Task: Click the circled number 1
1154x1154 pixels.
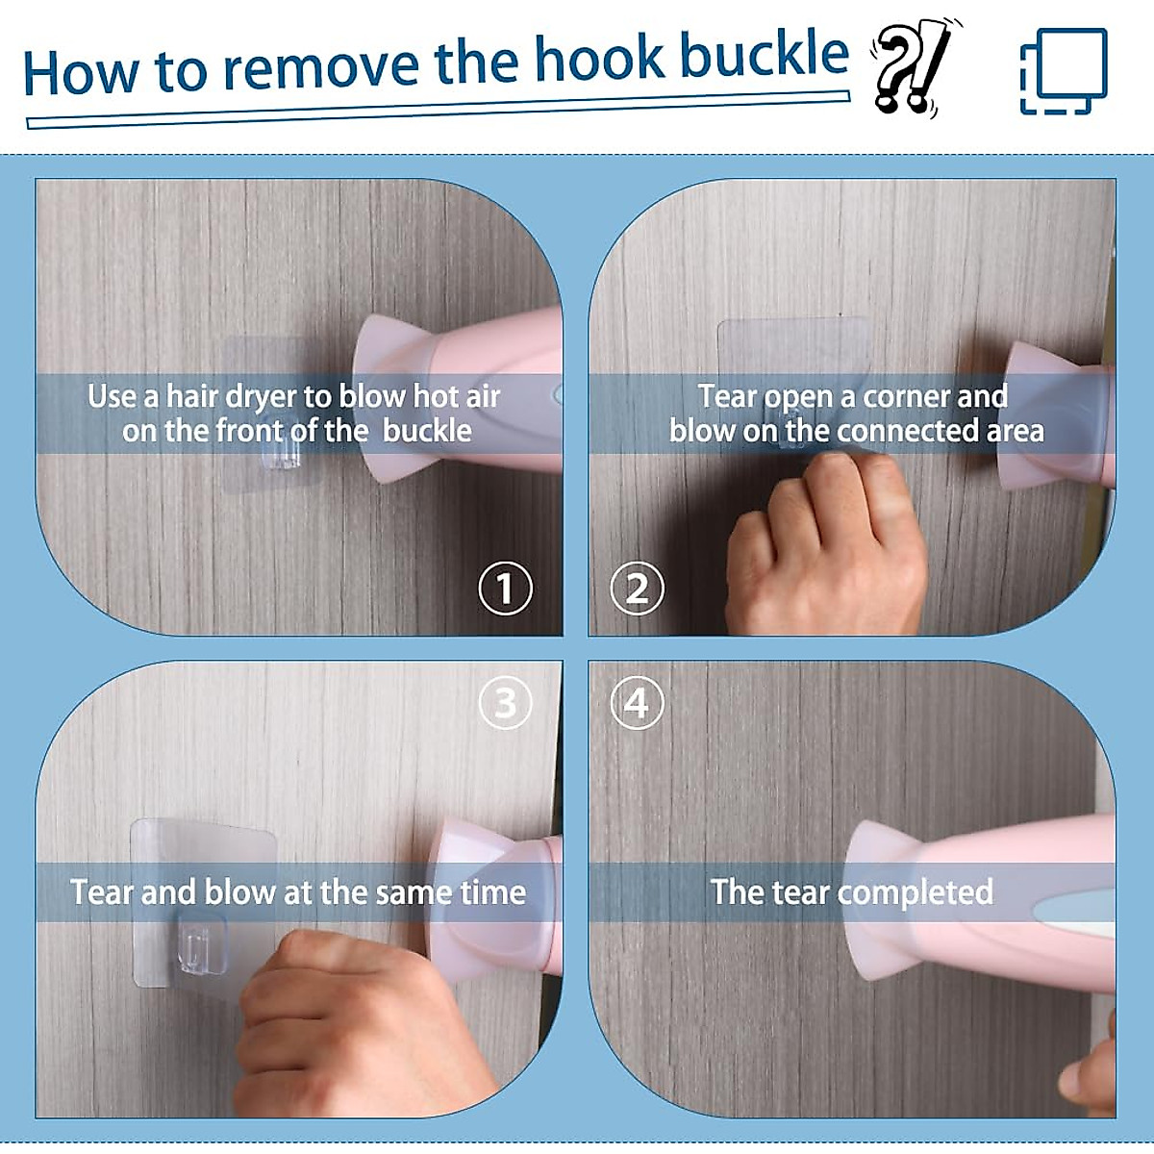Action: (x=506, y=588)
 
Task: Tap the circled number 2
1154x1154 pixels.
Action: (x=637, y=588)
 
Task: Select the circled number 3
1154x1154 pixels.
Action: (x=506, y=702)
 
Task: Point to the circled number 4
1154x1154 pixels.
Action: (x=637, y=702)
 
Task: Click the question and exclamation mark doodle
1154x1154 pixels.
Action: (x=914, y=66)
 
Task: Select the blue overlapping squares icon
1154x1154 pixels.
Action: (x=1063, y=70)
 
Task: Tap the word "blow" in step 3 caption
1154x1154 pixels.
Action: (x=239, y=891)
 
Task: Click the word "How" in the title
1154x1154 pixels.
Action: (x=81, y=74)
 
